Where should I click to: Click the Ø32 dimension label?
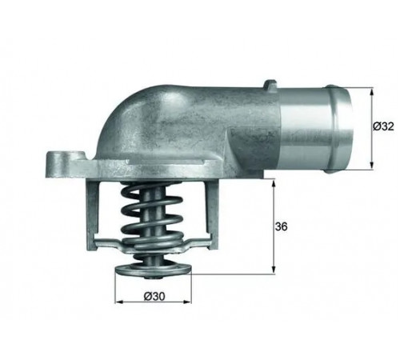tap(383, 126)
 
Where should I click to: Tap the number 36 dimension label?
tap(282, 227)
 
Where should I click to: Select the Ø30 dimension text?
tap(154, 296)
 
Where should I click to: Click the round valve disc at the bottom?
tap(153, 270)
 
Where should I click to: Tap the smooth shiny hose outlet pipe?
tap(314, 128)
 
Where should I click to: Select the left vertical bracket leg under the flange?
tap(91, 214)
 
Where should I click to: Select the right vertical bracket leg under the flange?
tap(213, 214)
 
